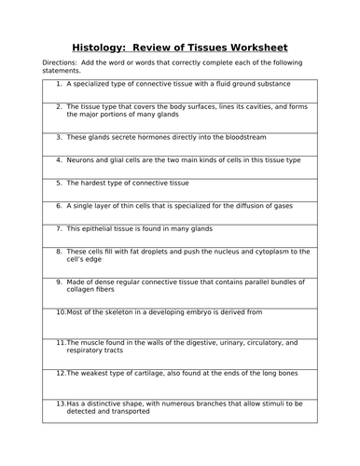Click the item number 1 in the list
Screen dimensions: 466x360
(59, 84)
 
